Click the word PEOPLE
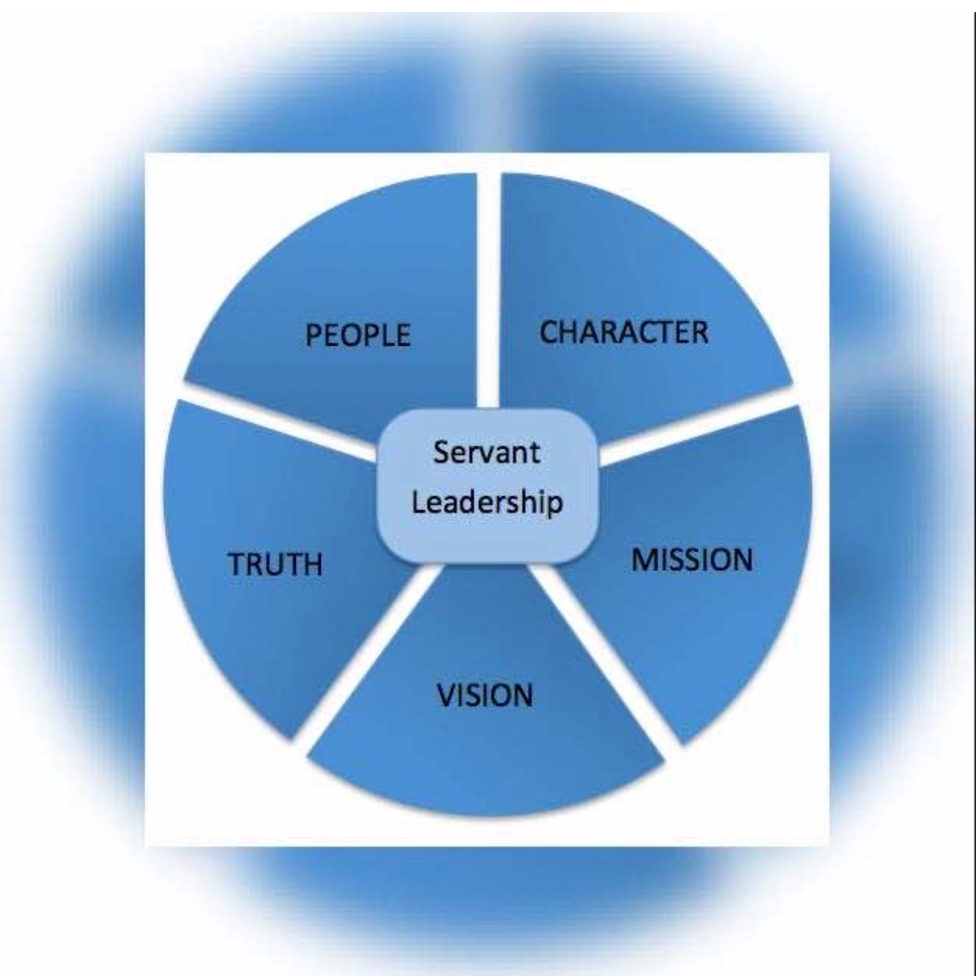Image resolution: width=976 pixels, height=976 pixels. tap(358, 334)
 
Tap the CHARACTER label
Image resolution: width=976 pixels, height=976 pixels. tap(623, 332)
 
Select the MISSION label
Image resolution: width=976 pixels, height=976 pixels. tap(692, 560)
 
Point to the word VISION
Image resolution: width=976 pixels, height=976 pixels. tap(485, 695)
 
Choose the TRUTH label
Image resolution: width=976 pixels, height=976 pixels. tap(275, 564)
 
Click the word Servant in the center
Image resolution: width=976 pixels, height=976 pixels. tap(487, 452)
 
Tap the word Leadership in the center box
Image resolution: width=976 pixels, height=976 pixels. tap(487, 501)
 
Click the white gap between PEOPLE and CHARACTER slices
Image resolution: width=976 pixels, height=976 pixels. tap(489, 288)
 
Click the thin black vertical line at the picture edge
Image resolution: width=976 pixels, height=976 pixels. tap(973, 484)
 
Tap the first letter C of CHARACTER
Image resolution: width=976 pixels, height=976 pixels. tap(549, 333)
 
